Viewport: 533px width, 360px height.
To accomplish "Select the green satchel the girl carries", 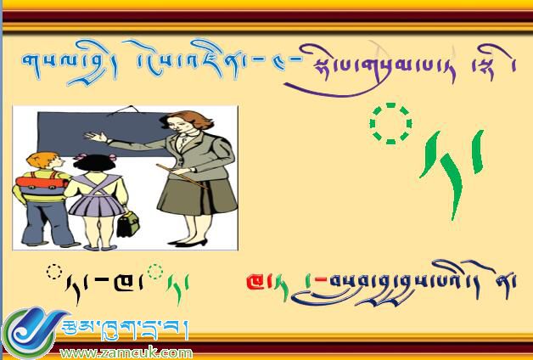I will coord(128,223).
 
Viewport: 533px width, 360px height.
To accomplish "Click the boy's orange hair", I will coord(37,159).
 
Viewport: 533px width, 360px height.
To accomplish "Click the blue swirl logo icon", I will coord(30,334).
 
